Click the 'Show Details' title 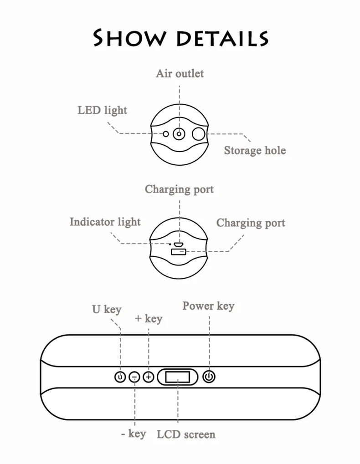click(180, 38)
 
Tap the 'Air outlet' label click(180, 73)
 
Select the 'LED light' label click(102, 110)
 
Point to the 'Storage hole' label click(255, 150)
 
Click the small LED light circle click(166, 134)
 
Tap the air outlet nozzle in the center click(179, 134)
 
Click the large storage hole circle click(198, 134)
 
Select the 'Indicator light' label click(105, 222)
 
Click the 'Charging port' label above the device click(179, 189)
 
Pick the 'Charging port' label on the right click(251, 223)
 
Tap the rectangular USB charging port click(179, 252)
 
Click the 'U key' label click(107, 309)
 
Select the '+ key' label click(148, 318)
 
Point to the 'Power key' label click(208, 306)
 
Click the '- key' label click(134, 434)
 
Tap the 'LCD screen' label click(186, 434)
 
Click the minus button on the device click(134, 377)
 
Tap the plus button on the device click(149, 377)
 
